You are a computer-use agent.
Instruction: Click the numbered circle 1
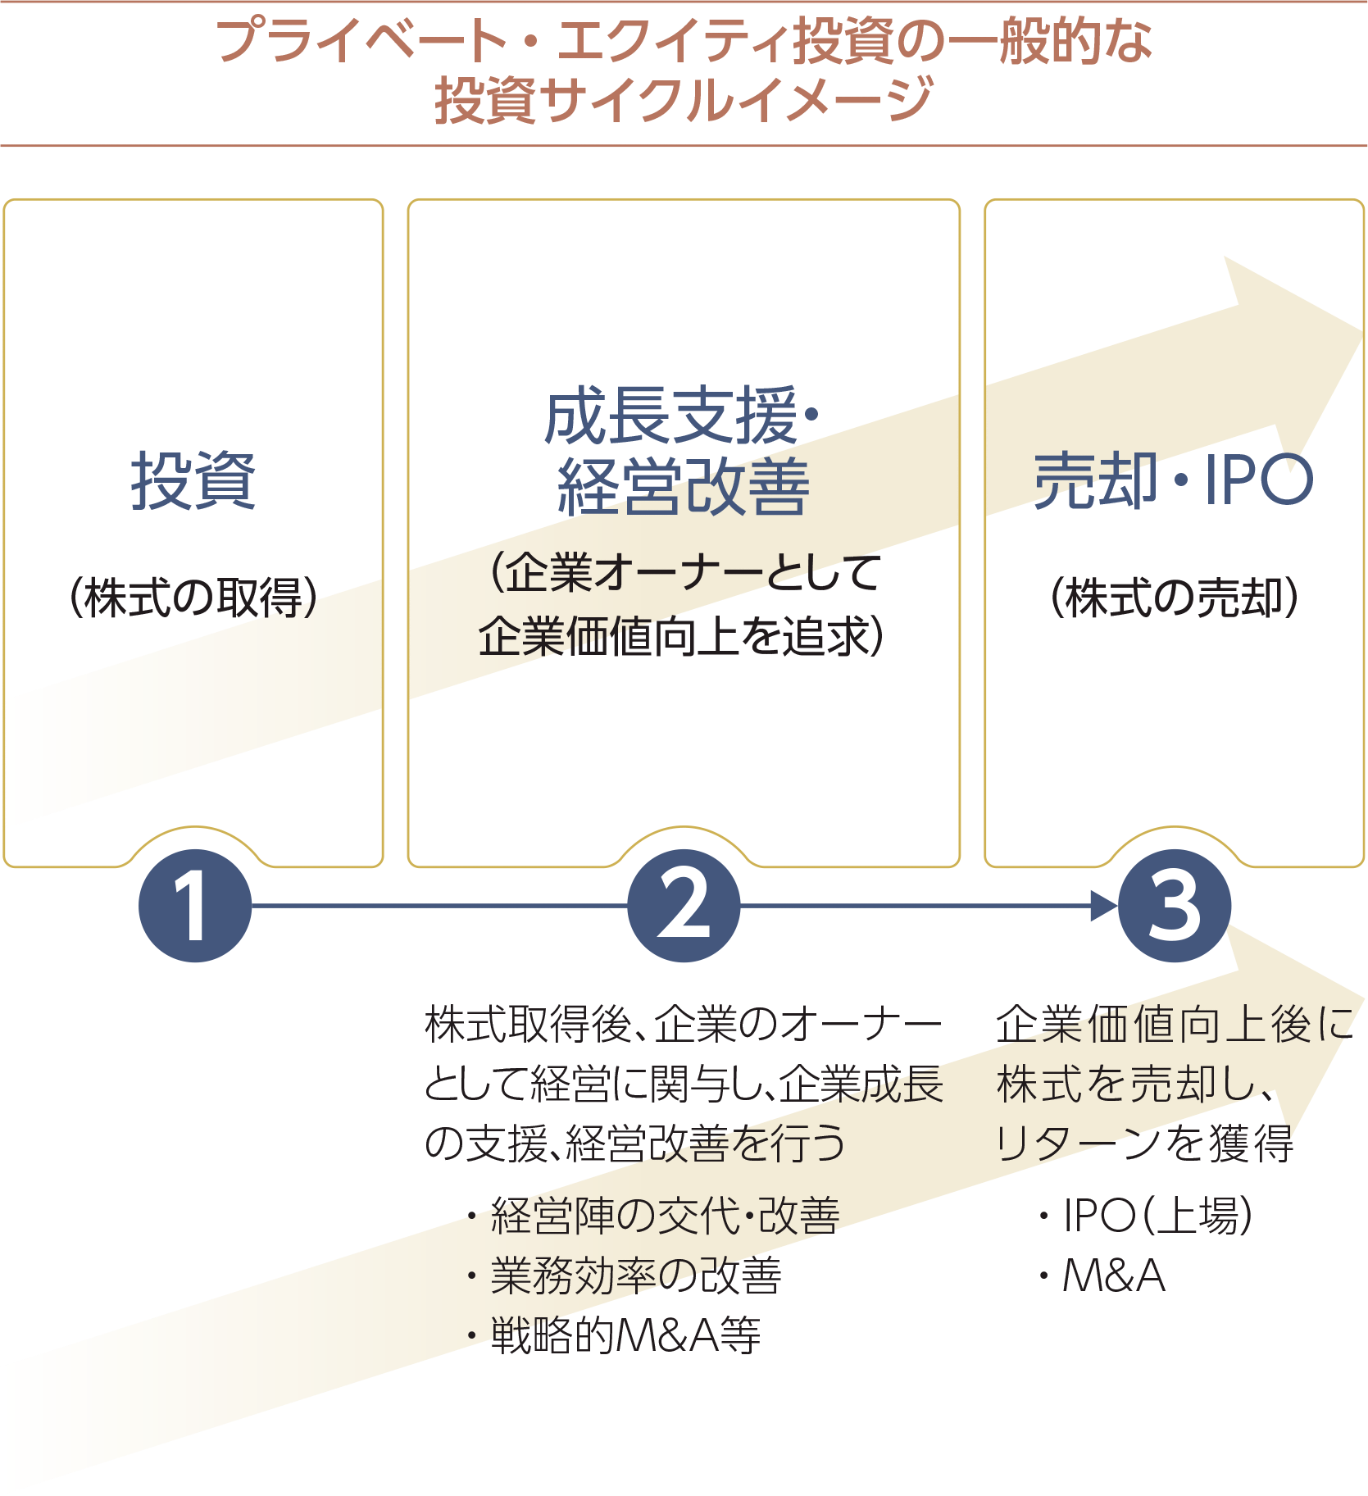click(195, 906)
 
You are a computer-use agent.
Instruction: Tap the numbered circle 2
click(684, 906)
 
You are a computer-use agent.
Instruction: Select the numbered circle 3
click(1175, 906)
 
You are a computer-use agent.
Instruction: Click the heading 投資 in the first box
click(193, 481)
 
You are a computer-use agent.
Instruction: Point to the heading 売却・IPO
click(1174, 480)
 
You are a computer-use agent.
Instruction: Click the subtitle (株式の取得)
click(193, 597)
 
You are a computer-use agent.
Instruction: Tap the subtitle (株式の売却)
click(1174, 597)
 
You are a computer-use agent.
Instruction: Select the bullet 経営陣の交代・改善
click(664, 1215)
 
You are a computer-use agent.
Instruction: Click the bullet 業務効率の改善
click(635, 1275)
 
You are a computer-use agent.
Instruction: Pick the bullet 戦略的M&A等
click(625, 1335)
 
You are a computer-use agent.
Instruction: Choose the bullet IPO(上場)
click(1157, 1215)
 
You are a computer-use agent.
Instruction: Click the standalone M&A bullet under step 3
click(1113, 1275)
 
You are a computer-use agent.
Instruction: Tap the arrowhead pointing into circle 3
click(1104, 906)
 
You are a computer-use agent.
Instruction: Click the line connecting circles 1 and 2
click(439, 906)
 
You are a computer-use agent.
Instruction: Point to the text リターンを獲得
click(1144, 1144)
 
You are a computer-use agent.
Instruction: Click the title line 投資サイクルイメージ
click(684, 100)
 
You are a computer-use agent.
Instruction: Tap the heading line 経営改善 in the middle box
click(684, 487)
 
